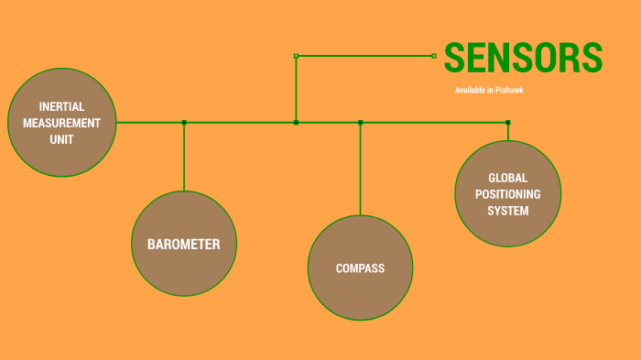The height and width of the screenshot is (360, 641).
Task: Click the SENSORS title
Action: coord(523,58)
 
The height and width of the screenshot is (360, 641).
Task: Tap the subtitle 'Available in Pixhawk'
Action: coord(489,90)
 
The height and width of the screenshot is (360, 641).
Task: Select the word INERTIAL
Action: coord(61,107)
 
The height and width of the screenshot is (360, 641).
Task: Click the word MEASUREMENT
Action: coord(61,123)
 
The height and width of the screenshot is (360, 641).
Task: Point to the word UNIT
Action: coord(61,139)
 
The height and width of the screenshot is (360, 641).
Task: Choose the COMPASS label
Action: coord(360,268)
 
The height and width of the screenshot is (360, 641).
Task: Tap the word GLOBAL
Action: coord(507,178)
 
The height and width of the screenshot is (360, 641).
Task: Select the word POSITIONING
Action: coord(507,194)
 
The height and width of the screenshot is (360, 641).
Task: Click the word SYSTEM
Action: coord(507,210)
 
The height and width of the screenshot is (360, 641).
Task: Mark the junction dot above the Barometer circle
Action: coord(184,122)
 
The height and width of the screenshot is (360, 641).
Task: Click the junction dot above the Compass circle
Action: coord(360,122)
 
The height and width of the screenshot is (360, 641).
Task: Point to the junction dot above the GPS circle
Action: coord(507,122)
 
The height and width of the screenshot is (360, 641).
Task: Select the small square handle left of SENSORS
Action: coord(434,56)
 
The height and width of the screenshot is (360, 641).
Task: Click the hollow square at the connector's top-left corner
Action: coord(296,56)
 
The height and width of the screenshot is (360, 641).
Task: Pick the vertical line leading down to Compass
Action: coord(360,169)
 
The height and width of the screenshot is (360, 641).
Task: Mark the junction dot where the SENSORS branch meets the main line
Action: coord(296,122)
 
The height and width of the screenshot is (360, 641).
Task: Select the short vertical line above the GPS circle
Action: coord(507,132)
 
